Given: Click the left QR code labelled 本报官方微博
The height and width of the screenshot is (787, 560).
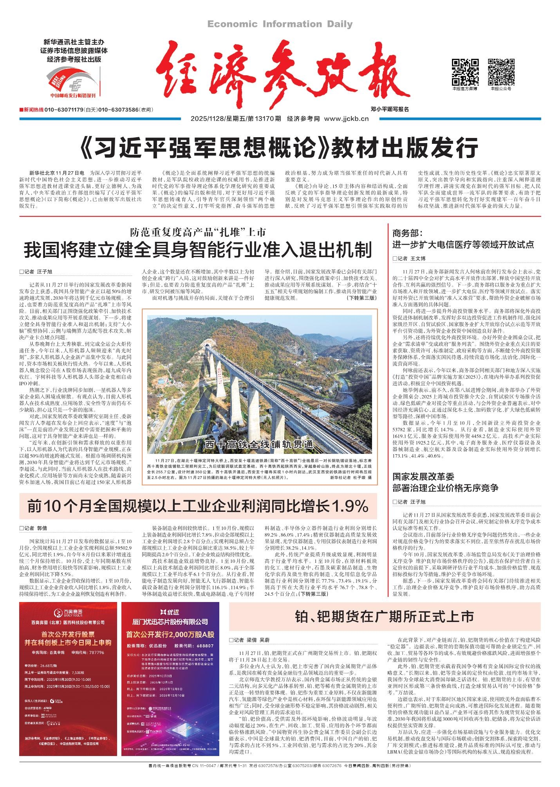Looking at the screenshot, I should click(465, 72).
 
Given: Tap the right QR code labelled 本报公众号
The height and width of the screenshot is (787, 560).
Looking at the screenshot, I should click(501, 72).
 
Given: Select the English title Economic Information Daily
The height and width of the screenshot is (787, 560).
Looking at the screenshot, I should click(280, 24).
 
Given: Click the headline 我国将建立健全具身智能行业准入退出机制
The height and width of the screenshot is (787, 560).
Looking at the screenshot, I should click(198, 250).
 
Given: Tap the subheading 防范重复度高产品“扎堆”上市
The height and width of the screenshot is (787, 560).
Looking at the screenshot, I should click(198, 232).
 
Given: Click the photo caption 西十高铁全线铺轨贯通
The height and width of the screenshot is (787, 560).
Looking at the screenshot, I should click(260, 444).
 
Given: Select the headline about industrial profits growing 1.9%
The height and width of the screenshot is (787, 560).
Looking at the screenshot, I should click(198, 506).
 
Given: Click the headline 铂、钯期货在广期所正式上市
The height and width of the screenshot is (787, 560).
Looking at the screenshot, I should click(385, 617).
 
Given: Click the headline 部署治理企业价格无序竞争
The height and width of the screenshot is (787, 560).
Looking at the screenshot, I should click(445, 488).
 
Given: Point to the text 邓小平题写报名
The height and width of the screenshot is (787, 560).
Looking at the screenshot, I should click(390, 109).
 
